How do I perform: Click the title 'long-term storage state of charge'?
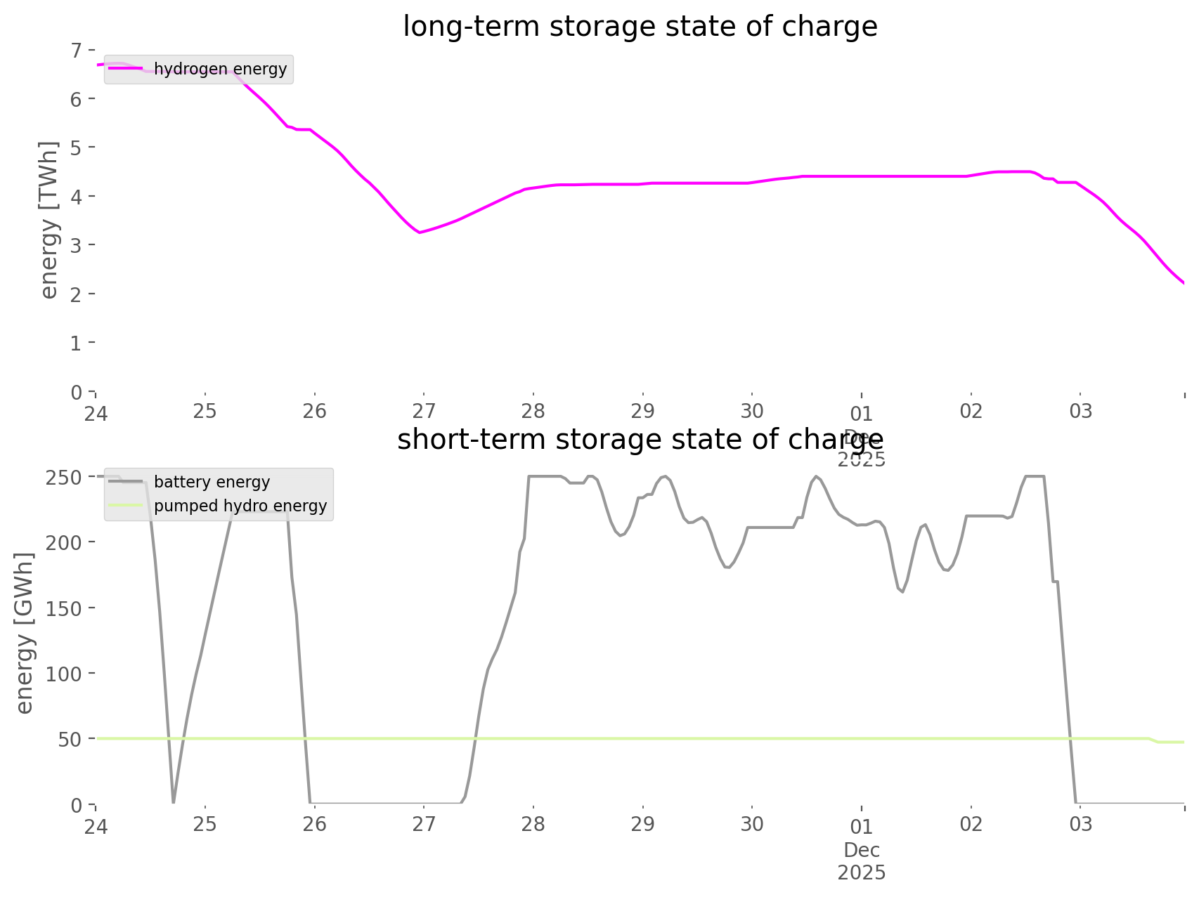(x=640, y=27)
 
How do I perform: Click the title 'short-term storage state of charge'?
(x=640, y=440)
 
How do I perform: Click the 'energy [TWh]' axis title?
(x=48, y=220)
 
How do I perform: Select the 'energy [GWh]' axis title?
(x=24, y=633)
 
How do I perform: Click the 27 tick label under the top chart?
(x=424, y=411)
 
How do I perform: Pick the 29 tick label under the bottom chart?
(x=642, y=824)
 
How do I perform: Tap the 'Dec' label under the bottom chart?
(x=862, y=850)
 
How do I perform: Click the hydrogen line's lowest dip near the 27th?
(x=420, y=232)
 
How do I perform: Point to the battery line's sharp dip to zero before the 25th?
(x=173, y=800)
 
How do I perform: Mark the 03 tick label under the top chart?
(x=1081, y=411)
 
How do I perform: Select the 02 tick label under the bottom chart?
(x=971, y=824)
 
